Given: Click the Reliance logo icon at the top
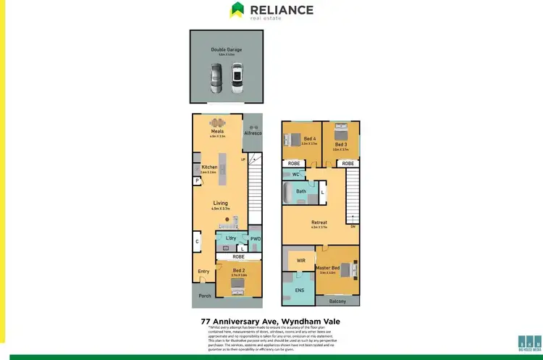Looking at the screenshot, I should (x=237, y=9).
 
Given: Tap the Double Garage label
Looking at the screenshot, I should (x=227, y=50).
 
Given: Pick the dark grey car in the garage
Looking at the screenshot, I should (x=218, y=79).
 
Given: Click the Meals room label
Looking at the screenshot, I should (x=218, y=131).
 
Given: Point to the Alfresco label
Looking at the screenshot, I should (x=253, y=134).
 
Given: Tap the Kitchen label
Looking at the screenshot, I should (x=209, y=167).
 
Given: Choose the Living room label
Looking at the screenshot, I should (x=220, y=203).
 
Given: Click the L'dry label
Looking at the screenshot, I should (x=232, y=238).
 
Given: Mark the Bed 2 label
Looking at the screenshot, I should (x=239, y=270).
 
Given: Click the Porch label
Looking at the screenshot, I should (x=204, y=296).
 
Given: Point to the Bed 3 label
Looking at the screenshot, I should (x=341, y=144).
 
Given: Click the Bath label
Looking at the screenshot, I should (x=300, y=191).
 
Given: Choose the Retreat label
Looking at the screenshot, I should (x=319, y=222).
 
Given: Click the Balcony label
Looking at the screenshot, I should (x=337, y=301).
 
